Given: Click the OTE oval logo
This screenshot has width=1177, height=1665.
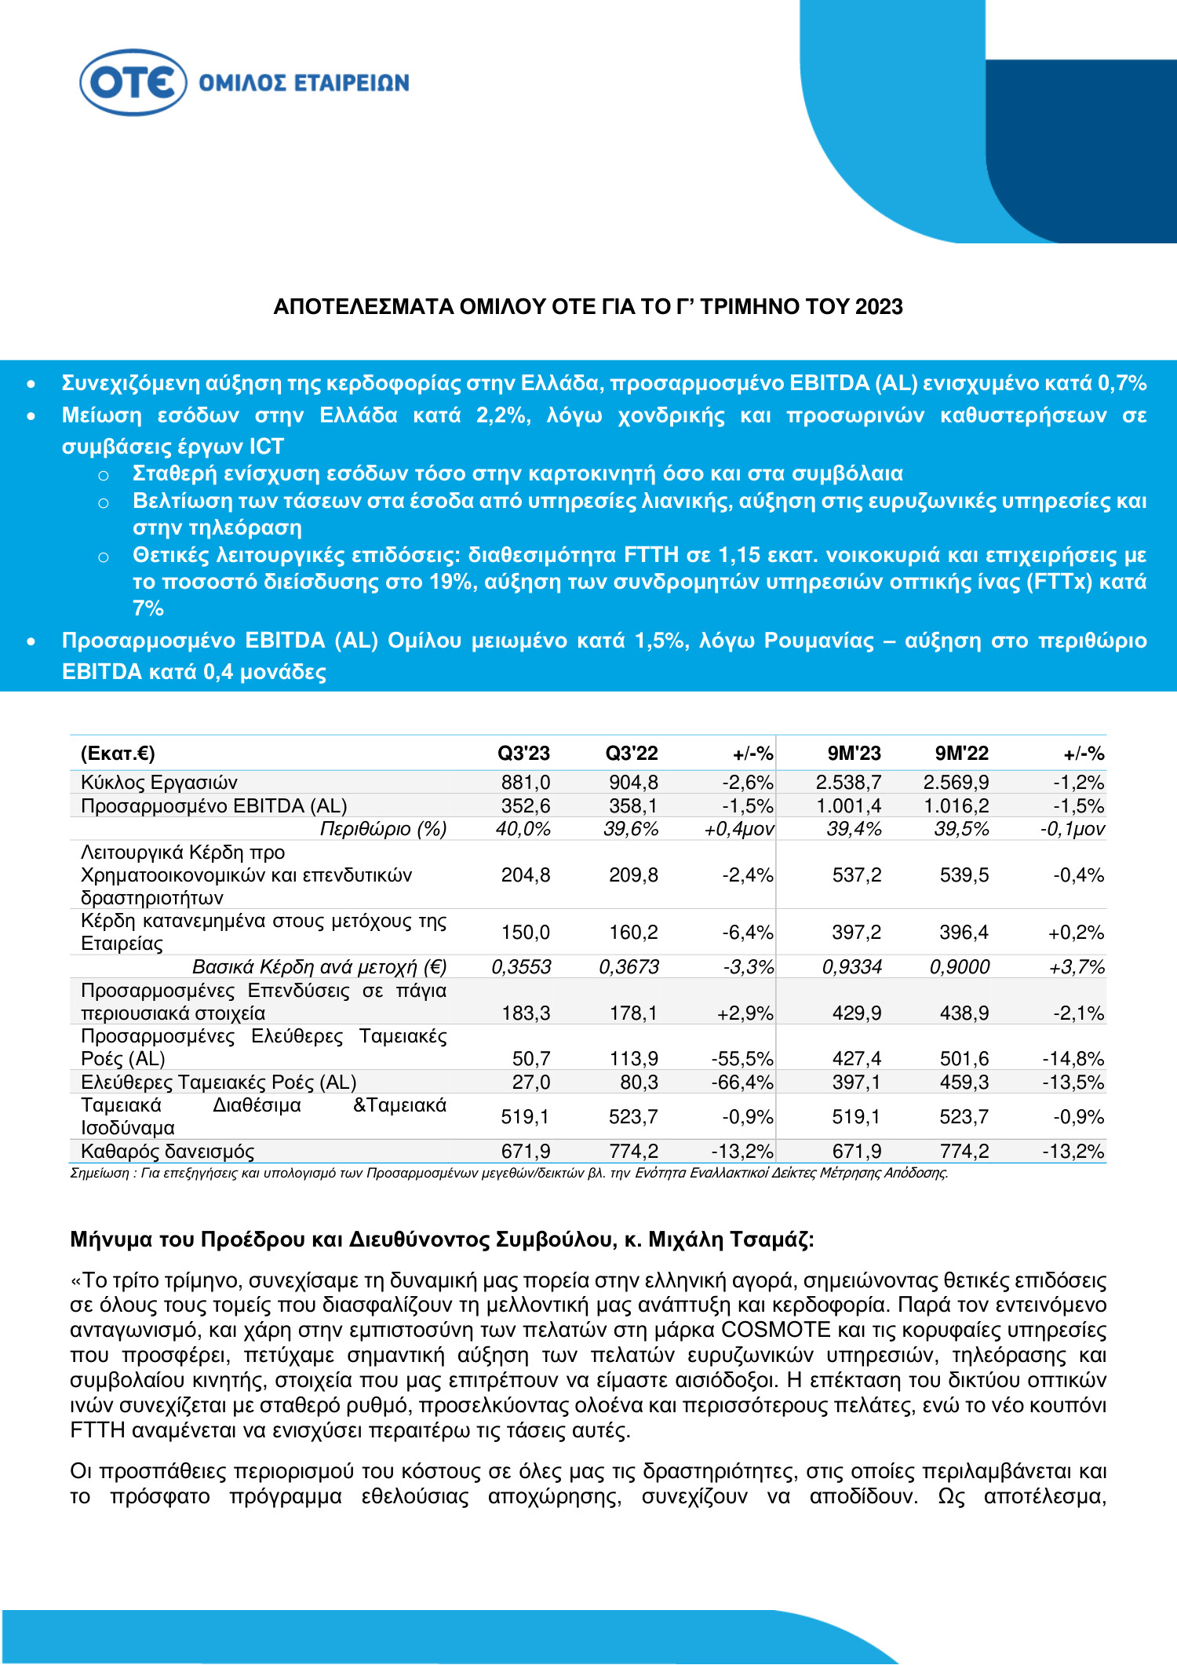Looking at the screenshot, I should [x=133, y=82].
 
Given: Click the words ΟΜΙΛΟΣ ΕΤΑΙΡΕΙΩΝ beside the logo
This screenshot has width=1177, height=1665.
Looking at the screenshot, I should [x=304, y=83].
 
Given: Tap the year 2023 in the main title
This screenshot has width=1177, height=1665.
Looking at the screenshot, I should [x=879, y=307].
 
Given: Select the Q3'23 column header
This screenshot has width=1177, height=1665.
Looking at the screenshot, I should [x=523, y=754].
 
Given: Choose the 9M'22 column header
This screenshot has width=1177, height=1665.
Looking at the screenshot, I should [x=961, y=754].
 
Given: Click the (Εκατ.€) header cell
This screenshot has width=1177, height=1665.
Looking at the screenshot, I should [x=118, y=754].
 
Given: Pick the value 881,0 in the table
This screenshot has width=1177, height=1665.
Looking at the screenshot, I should [x=526, y=783].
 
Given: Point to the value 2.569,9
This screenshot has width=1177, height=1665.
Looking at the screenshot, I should [x=956, y=783].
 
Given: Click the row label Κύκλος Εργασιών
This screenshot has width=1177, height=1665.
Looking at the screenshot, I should [x=159, y=783].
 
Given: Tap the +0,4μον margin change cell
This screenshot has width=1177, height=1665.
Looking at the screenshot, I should [x=739, y=829].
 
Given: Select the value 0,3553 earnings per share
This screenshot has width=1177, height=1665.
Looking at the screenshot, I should [x=521, y=967].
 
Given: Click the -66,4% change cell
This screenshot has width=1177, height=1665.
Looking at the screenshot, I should [x=742, y=1083].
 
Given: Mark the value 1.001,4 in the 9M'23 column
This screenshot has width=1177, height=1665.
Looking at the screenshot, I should [x=848, y=806].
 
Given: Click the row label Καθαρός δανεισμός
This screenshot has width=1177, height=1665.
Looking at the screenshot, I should [x=167, y=1152].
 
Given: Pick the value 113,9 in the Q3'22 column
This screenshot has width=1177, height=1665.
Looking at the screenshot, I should [x=634, y=1059].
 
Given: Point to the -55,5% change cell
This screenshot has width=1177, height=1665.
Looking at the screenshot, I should [x=742, y=1059].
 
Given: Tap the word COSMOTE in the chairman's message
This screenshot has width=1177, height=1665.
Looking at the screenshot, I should [x=775, y=1330].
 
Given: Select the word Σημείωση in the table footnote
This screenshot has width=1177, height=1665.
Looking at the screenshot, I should [x=99, y=1173].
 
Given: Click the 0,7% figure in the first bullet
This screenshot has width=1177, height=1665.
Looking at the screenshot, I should [x=1122, y=383].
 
